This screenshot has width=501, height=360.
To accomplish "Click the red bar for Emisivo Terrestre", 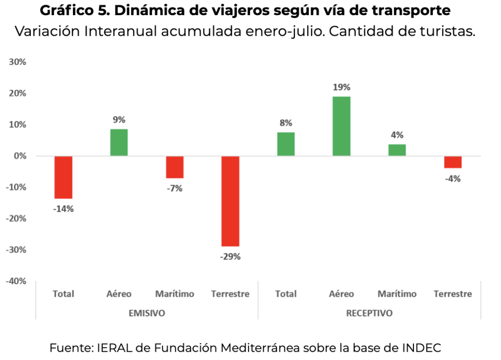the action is coord(230,201).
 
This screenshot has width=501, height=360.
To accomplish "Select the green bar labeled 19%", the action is coord(342,126).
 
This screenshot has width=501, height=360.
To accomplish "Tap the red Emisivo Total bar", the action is coord(63,177).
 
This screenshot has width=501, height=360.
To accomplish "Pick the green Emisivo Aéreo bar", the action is coord(119,142).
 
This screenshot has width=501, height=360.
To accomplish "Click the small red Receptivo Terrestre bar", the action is coord(453,162).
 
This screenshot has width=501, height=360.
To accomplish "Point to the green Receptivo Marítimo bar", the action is coord(397,150).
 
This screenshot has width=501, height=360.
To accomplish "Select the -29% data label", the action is coord(230,257).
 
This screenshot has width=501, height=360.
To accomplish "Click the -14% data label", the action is coord(63,209).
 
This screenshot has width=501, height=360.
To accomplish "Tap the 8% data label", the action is coord(286,123).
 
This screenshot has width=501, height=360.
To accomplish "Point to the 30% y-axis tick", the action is coord(18,62).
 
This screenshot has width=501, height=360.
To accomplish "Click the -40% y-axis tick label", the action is coord(16,281).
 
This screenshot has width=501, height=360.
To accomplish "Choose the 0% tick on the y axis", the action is coord(20,156).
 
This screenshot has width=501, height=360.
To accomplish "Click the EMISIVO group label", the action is coord(147,313).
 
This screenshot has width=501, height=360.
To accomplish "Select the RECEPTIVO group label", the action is coord(369,313).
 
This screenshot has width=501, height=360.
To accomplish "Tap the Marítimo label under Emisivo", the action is coord(175,294).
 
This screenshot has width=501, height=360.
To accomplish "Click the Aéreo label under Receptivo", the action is coord(342,294).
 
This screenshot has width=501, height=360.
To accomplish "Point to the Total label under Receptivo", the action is coord(286,294).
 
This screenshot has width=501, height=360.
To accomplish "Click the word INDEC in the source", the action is coord(421,348).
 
